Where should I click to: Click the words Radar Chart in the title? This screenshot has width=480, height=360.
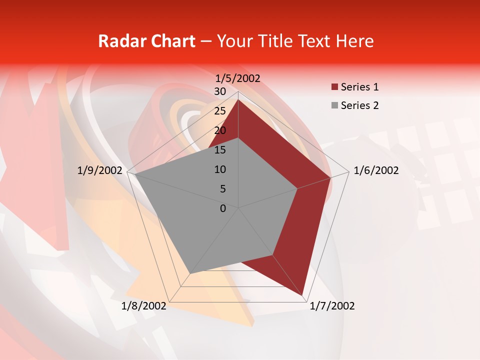click(146, 41)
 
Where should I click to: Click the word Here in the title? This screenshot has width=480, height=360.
click(354, 41)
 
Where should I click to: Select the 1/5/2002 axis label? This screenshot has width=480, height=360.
click(238, 78)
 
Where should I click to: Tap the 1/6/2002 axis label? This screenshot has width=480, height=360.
click(376, 170)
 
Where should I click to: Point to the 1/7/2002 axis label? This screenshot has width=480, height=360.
click(332, 306)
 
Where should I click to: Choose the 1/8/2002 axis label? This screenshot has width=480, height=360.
click(144, 306)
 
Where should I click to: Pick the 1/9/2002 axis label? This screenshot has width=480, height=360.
click(100, 170)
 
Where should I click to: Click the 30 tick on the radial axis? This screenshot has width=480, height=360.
click(219, 91)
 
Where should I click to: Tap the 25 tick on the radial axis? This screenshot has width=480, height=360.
click(219, 111)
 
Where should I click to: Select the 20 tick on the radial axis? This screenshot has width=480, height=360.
click(219, 130)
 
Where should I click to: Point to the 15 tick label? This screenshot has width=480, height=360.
click(219, 150)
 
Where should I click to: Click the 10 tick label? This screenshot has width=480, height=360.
click(219, 169)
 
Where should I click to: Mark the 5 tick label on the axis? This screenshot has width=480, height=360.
click(222, 189)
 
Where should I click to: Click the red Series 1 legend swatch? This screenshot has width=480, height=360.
click(334, 87)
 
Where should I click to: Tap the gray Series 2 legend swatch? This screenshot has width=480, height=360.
click(334, 105)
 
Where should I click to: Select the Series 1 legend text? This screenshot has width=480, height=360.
click(359, 87)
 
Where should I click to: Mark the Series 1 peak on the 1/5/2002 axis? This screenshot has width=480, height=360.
click(238, 99)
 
